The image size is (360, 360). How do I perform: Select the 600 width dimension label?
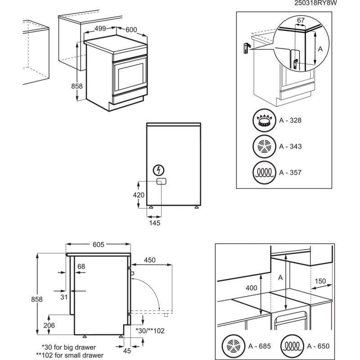click(x=131, y=30)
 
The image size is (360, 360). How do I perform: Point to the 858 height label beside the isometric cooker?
click(x=77, y=86)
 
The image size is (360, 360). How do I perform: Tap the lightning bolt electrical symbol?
click(x=159, y=170)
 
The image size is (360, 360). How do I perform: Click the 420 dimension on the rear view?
click(x=139, y=195)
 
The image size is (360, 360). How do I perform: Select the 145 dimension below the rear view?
click(x=154, y=222)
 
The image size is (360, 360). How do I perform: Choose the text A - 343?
click(x=290, y=146)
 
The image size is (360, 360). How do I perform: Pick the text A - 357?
click(x=290, y=172)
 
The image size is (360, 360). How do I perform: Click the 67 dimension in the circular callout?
click(x=301, y=20)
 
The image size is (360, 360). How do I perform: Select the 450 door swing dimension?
click(x=150, y=260)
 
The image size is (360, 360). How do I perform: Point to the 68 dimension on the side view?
click(x=81, y=267)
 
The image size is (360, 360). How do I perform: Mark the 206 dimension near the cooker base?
click(x=49, y=325)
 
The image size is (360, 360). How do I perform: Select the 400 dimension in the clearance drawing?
click(x=252, y=288)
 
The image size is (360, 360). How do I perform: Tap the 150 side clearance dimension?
click(x=320, y=281)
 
